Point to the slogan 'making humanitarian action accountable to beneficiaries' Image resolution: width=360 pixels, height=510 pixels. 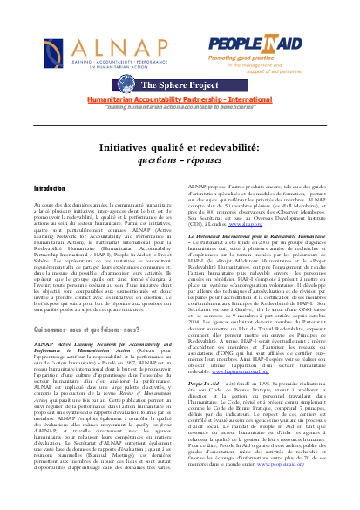click(180, 85)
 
